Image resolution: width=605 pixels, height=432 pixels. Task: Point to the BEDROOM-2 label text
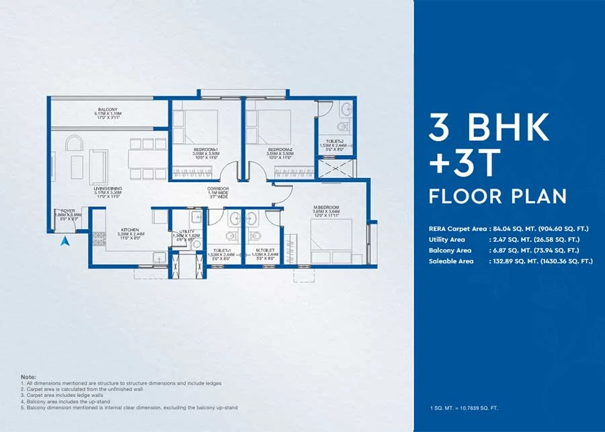(x=279, y=149)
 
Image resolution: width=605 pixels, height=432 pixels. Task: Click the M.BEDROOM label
(x=325, y=207)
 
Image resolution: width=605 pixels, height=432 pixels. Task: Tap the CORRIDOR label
(x=218, y=189)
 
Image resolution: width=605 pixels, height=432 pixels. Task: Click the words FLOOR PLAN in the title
(x=497, y=196)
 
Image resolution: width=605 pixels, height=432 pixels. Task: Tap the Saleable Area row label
(x=450, y=261)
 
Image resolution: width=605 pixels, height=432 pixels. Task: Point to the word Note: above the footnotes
(x=29, y=378)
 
